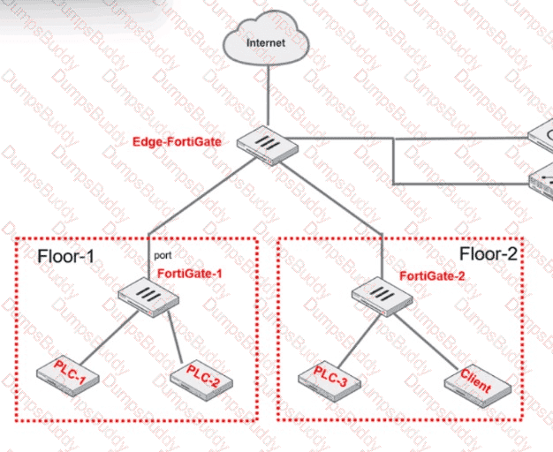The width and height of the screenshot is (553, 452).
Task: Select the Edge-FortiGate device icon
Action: click(269, 143)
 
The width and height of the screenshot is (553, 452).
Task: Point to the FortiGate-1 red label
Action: click(189, 274)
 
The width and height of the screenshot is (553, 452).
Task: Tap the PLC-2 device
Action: click(197, 377)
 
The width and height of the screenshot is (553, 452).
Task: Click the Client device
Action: click(478, 380)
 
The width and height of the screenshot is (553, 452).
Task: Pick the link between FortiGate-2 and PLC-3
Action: click(353, 335)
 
